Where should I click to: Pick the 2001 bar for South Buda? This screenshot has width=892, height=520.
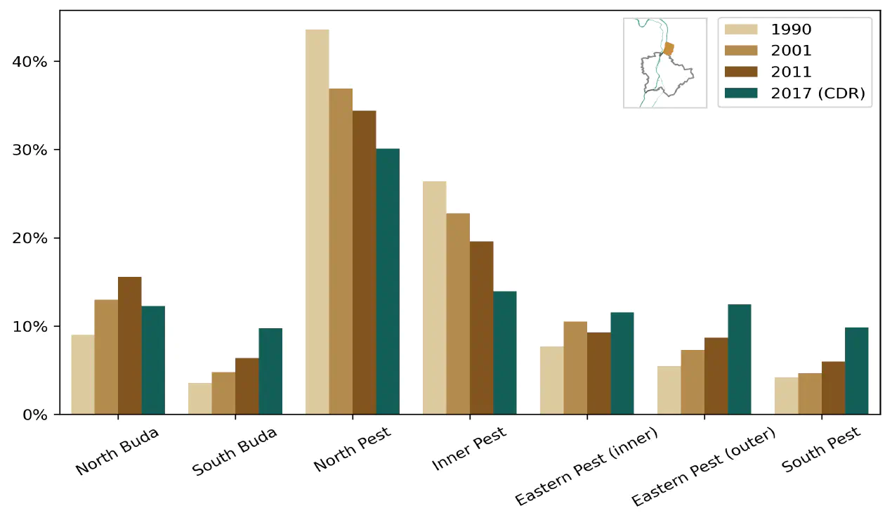tap(223, 393)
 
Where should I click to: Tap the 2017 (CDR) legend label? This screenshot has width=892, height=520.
tap(818, 93)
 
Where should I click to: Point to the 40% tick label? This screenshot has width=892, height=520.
tap(30, 62)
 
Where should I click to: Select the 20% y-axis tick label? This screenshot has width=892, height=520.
tap(30, 238)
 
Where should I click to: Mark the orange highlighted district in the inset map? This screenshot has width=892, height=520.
tap(669, 48)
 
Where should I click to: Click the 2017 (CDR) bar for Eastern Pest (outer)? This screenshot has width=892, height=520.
tap(739, 359)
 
